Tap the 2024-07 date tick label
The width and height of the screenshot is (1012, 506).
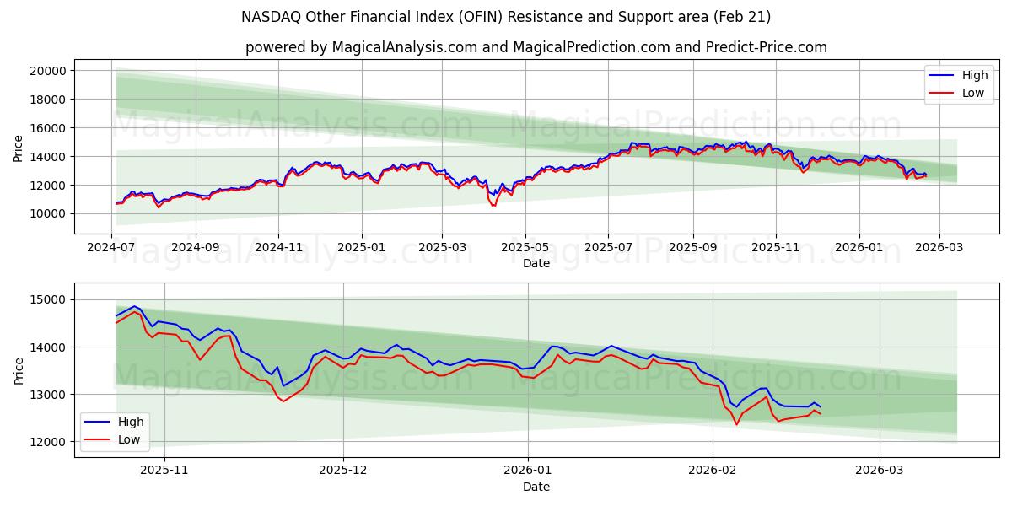pos(112,248)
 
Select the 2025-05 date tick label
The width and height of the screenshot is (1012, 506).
pos(525,248)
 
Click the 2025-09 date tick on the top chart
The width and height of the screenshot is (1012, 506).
pos(693,248)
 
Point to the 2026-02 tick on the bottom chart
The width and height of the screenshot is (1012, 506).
pos(713,471)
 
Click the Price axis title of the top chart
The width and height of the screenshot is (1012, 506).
pos(19,148)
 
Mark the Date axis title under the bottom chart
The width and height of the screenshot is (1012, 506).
pos(536,487)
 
